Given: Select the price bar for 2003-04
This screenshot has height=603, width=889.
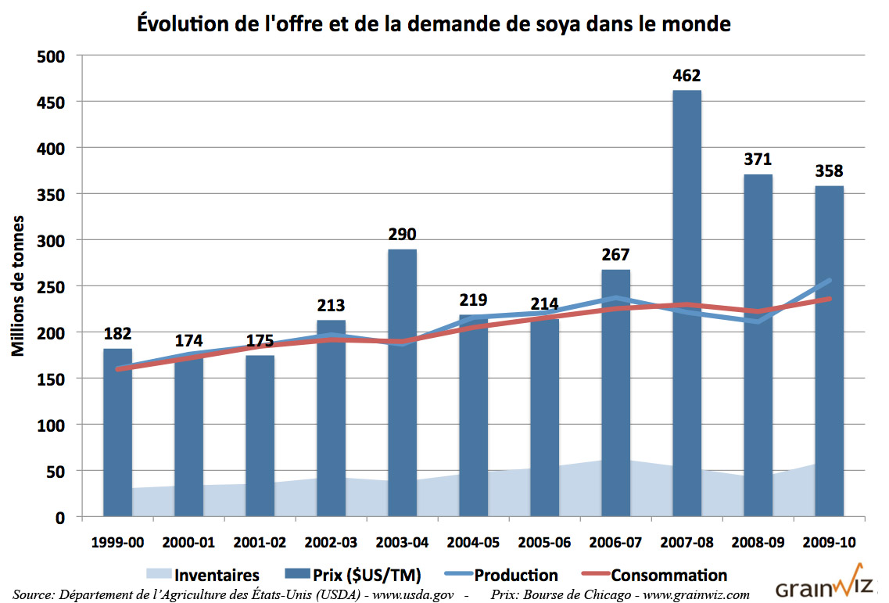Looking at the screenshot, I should [403, 383].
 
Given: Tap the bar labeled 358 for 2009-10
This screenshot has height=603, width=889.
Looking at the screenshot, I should [829, 352].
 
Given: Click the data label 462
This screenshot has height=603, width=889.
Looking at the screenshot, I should [686, 76].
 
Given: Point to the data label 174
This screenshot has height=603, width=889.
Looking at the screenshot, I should [188, 341].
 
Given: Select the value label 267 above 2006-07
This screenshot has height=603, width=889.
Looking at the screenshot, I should [615, 255].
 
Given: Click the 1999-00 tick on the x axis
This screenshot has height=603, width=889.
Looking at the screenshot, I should [117, 542].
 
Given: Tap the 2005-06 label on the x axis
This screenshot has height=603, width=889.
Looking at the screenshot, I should [544, 542].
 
